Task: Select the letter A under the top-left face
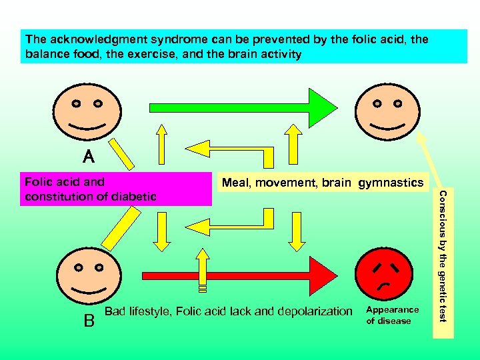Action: tap(89, 157)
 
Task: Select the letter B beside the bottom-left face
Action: tap(89, 321)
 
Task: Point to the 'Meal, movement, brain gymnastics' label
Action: tap(322, 183)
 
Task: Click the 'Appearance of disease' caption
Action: tap(393, 315)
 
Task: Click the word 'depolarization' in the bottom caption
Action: tap(314, 311)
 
